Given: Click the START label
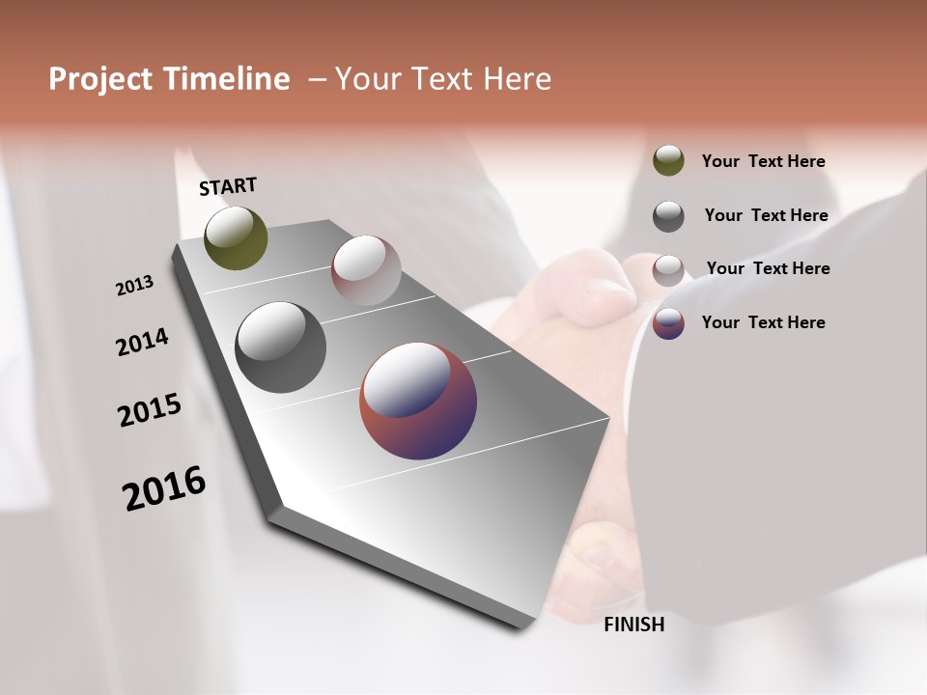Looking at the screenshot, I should [x=228, y=186].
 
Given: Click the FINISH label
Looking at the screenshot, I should [x=634, y=625].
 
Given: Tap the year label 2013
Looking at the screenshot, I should [x=134, y=285].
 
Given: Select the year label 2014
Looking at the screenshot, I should [x=142, y=342].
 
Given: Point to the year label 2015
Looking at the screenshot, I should [x=150, y=410].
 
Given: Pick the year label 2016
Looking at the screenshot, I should [x=164, y=488].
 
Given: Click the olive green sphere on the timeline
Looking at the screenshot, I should [x=237, y=237].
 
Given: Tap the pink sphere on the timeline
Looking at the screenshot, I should [x=366, y=270].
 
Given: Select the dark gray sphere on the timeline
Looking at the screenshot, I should [x=281, y=347].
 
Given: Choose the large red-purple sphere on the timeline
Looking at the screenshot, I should [x=418, y=401].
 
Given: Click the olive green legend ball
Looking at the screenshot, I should [x=668, y=160].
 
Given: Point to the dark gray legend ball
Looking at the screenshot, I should [x=668, y=216].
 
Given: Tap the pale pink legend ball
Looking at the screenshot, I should [x=668, y=270].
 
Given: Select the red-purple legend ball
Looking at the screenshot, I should [x=668, y=323].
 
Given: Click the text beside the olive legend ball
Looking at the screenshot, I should [x=763, y=161].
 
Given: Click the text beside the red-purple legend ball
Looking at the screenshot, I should [x=763, y=322].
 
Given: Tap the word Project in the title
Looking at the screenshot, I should [x=99, y=79].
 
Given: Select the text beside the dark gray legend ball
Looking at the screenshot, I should [x=766, y=215].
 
